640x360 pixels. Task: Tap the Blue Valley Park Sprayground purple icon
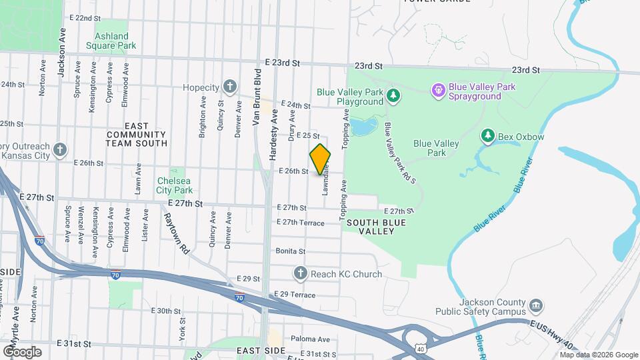[438, 89]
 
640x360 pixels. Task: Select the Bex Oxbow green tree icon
[489, 136]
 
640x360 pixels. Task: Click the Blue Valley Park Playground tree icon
[393, 97]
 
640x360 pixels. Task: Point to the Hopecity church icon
[229, 87]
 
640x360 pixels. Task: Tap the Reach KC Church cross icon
[300, 273]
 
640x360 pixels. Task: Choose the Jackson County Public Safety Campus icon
[535, 306]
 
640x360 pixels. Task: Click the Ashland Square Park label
[111, 41]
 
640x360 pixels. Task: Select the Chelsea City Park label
[174, 185]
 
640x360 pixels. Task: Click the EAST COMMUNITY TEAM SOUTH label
[136, 134]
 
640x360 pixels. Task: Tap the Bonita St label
[290, 251]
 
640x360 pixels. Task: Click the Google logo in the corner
[22, 351]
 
